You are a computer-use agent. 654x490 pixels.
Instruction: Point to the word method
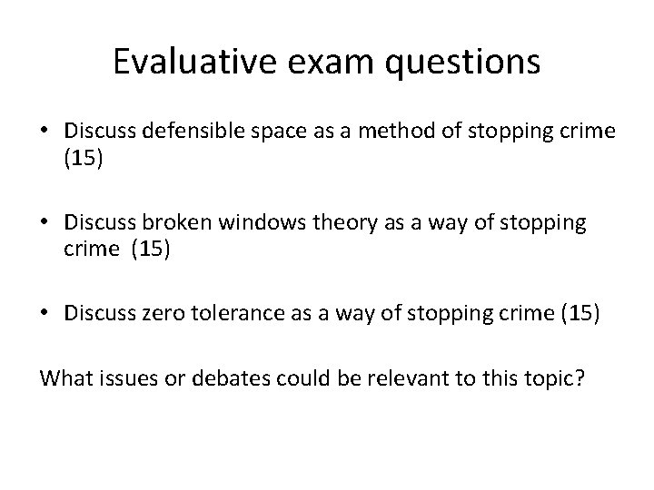352,132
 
